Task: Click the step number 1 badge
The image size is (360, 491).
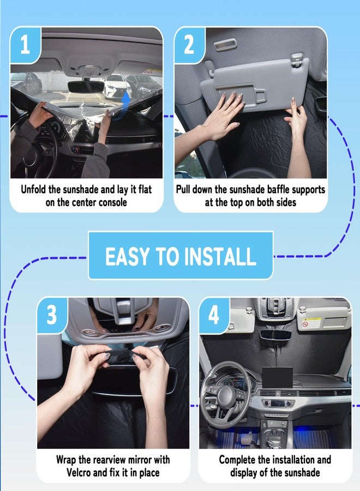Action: pyautogui.click(x=25, y=45)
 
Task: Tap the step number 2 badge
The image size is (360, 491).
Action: pyautogui.click(x=189, y=45)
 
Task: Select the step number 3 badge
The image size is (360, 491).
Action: pyautogui.click(x=52, y=315)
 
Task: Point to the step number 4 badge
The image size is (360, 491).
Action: pyautogui.click(x=214, y=315)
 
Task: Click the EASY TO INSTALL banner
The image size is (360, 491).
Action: pyautogui.click(x=181, y=256)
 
